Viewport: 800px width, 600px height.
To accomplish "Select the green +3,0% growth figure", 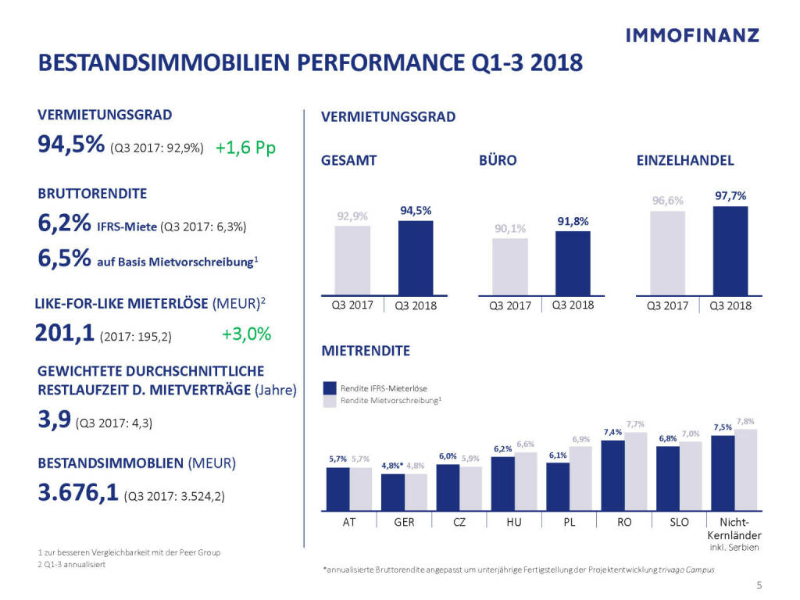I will [246, 334].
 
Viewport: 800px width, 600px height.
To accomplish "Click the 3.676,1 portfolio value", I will [77, 494].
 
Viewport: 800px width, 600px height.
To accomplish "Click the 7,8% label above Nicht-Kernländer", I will [745, 421].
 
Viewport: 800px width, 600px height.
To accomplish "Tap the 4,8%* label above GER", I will [392, 466].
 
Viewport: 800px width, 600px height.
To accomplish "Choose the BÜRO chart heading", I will [497, 160].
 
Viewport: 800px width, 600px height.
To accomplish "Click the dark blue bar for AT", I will [337, 487].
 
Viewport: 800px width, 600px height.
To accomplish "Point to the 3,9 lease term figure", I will [53, 423].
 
